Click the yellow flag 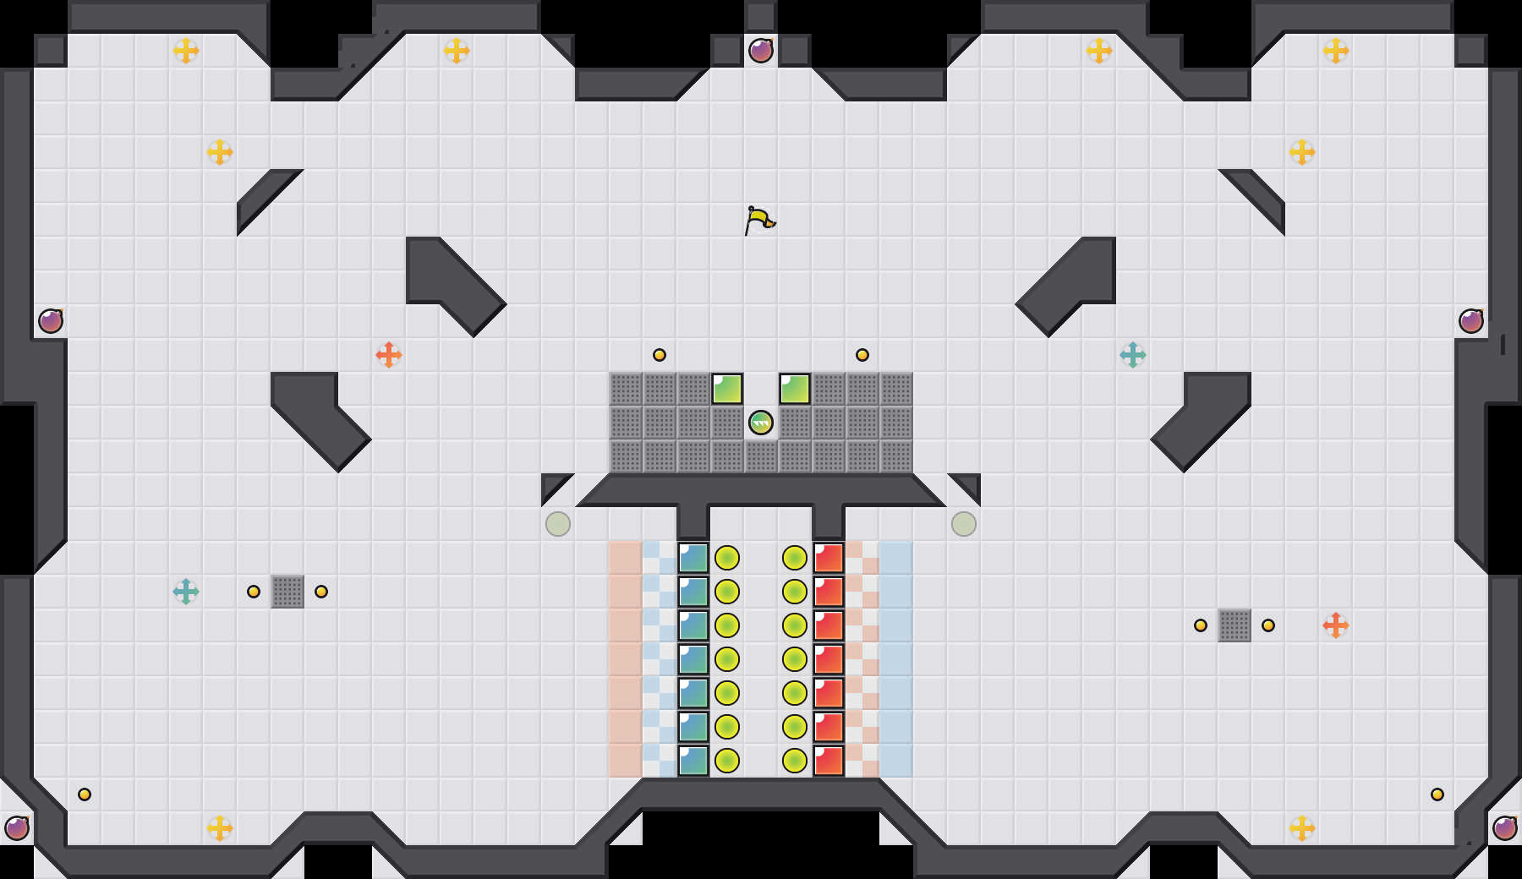(758, 220)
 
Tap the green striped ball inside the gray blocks (761, 423)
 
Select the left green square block (727, 389)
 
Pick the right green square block (795, 389)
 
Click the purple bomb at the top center (761, 51)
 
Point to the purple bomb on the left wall (51, 321)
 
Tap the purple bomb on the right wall (1471, 321)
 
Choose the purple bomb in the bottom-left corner (17, 828)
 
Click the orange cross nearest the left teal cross (389, 355)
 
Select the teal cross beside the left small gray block (186, 592)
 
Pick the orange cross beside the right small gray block (1336, 625)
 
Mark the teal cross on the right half (1133, 355)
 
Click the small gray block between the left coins (287, 592)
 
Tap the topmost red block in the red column (829, 558)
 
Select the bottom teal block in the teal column (693, 761)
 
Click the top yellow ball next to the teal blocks (727, 558)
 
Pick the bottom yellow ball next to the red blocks (795, 761)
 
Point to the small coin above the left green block (660, 355)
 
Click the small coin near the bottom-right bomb (1437, 794)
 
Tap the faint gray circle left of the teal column (558, 524)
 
